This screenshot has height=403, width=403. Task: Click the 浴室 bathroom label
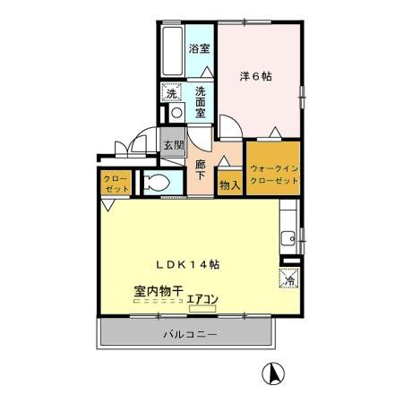(x=199, y=50)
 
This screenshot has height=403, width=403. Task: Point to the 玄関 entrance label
(x=172, y=144)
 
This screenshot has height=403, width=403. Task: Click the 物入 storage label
(x=229, y=185)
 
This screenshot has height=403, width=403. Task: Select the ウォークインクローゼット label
(x=274, y=174)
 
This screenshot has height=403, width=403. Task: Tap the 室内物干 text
(x=159, y=291)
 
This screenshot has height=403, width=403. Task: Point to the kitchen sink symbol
(x=289, y=238)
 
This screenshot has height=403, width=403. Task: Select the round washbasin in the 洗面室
(x=176, y=113)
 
